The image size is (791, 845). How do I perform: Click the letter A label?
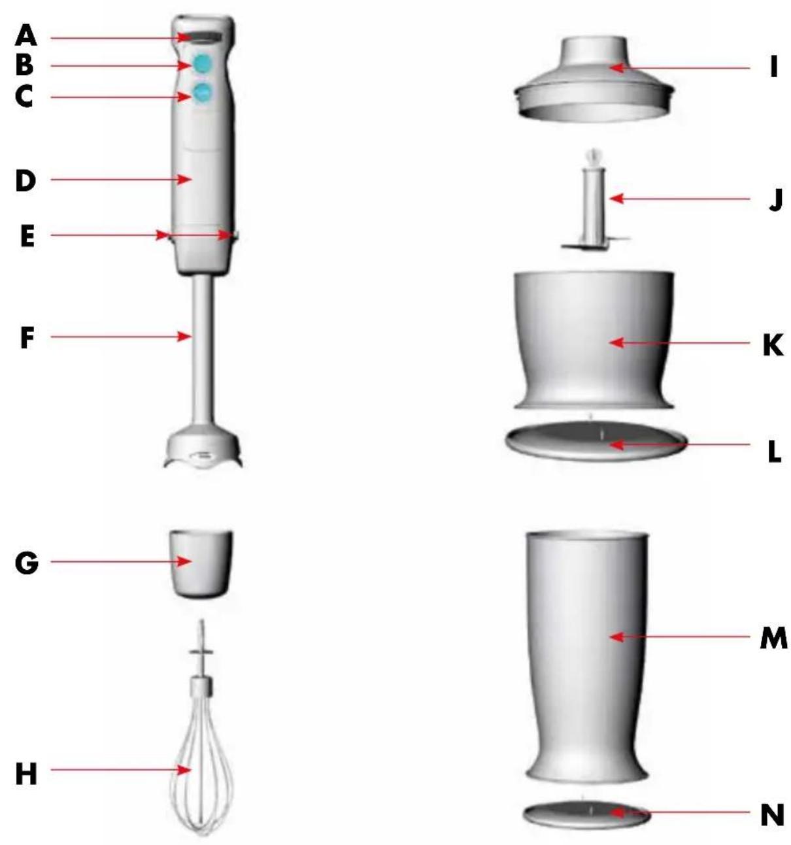pyautogui.click(x=25, y=36)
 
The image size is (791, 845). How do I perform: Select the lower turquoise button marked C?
pyautogui.click(x=202, y=93)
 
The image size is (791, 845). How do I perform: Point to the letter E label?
pyautogui.click(x=27, y=237)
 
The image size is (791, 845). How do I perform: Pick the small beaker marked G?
pyautogui.click(x=201, y=564)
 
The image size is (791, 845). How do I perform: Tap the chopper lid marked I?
pyautogui.click(x=594, y=80)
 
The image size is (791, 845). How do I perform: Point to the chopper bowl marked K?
pyautogui.click(x=594, y=340)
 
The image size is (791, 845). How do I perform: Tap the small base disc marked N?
pyautogui.click(x=588, y=810)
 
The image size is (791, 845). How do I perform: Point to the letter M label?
pyautogui.click(x=773, y=637)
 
